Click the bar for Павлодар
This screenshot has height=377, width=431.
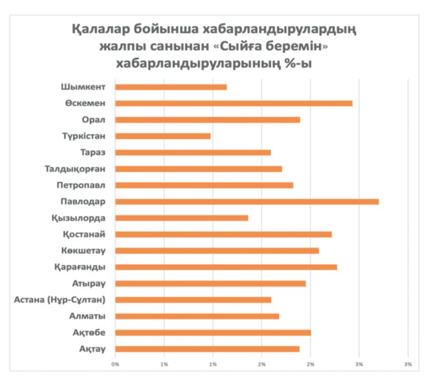[x=247, y=202]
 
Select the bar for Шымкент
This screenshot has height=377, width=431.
[x=170, y=87]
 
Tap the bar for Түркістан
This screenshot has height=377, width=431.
[x=163, y=136]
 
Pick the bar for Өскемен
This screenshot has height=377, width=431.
[x=234, y=103]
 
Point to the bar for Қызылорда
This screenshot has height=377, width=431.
[x=181, y=218]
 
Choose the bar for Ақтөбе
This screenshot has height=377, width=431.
[x=213, y=332]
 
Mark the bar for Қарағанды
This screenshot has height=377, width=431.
[x=226, y=267]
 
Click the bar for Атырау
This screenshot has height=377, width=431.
[x=210, y=283]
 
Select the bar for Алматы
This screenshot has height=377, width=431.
[x=197, y=316]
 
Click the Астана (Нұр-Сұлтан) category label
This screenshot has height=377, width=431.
[x=60, y=300]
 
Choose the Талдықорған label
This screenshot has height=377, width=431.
[x=76, y=169]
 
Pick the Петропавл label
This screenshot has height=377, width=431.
[x=80, y=186]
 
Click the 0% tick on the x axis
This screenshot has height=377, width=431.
[x=115, y=364]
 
